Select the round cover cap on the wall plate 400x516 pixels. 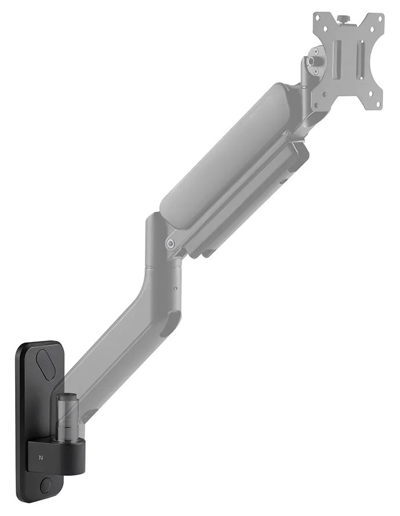[46, 484]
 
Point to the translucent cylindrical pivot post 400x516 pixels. [68, 414]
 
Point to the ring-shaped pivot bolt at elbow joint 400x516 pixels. [172, 244]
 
